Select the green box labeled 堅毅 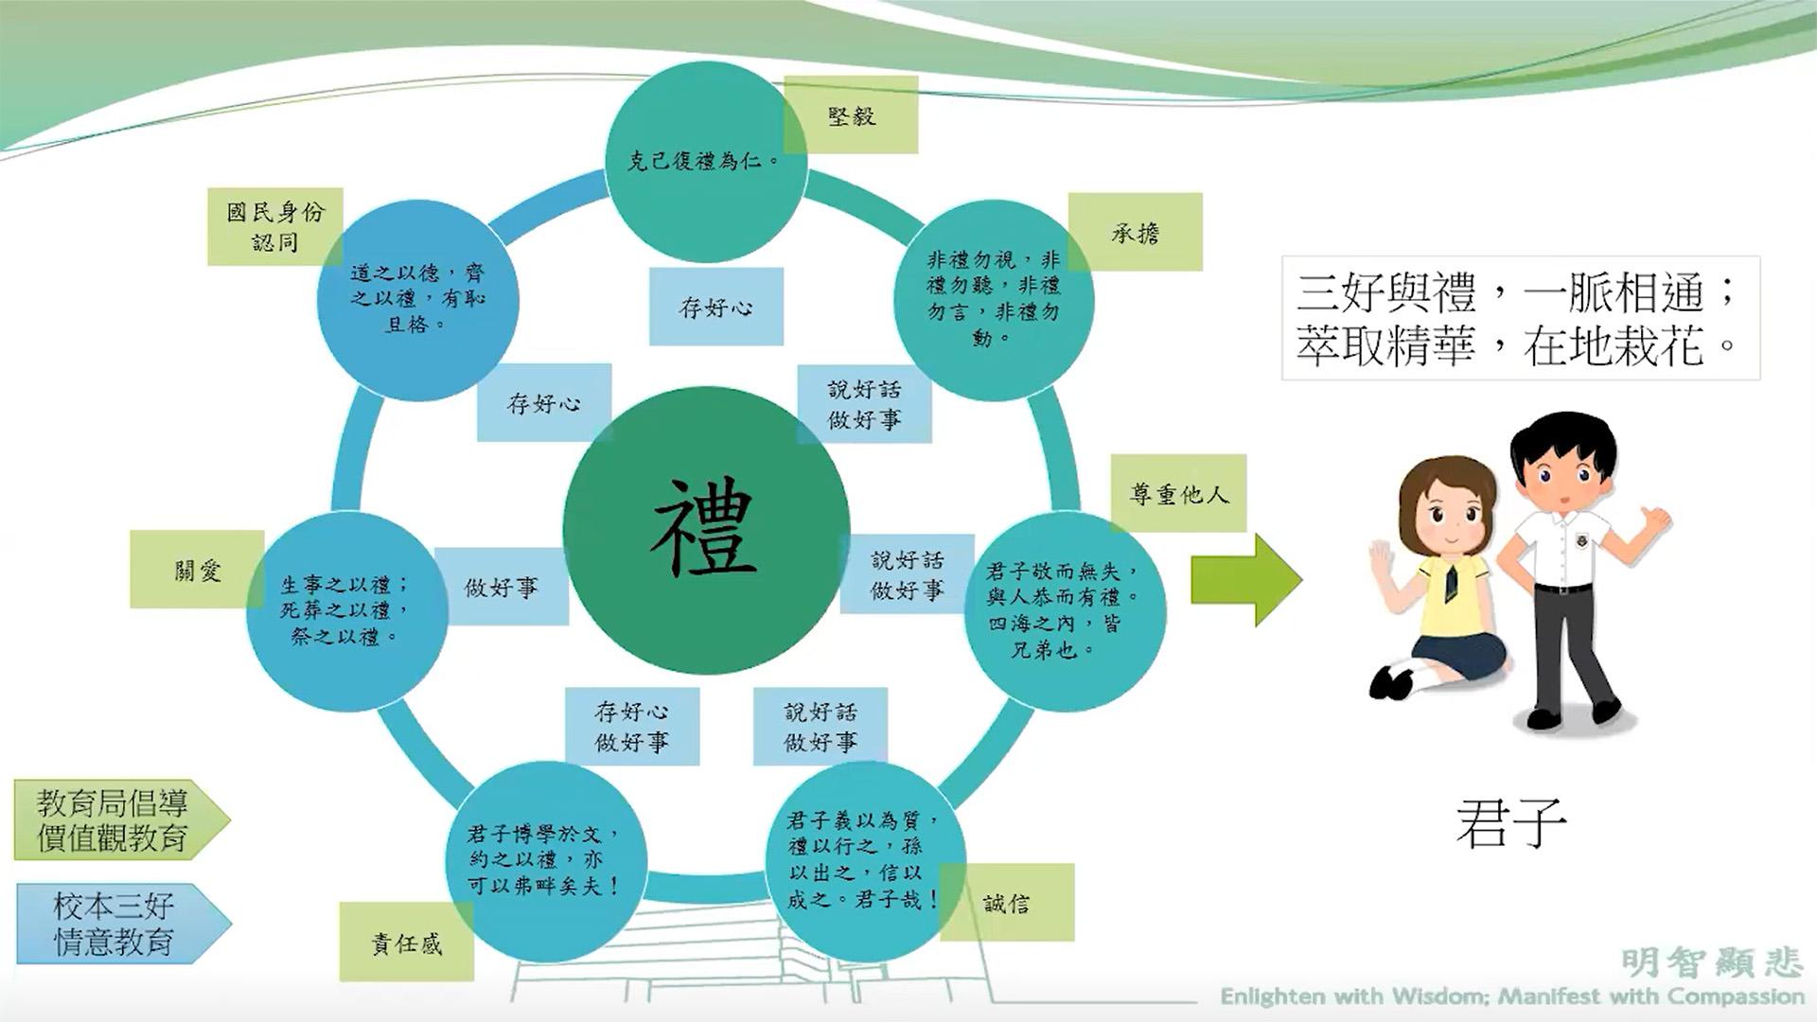pos(851,115)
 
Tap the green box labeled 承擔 pos(1136,232)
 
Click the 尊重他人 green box pos(1178,493)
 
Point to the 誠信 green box pos(1007,903)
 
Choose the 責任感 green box pos(407,943)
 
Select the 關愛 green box pos(197,569)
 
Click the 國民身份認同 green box pos(275,226)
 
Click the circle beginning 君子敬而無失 pos(1065,612)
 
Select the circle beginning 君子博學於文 pos(547,861)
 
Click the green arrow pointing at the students pos(1246,579)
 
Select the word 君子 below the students pos(1511,824)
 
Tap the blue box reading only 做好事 pos(502,587)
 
